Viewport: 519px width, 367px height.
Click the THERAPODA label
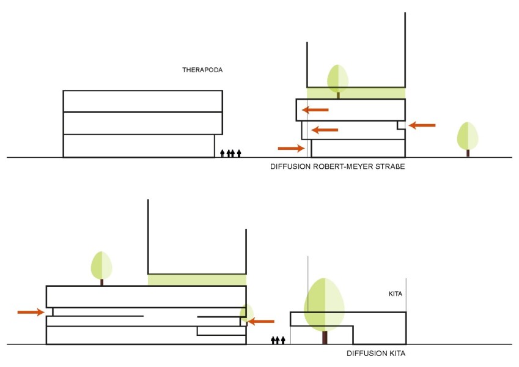202,70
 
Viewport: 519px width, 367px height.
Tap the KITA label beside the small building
396,294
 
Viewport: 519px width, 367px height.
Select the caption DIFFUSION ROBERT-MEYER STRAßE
337,166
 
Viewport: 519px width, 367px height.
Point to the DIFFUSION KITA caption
376,354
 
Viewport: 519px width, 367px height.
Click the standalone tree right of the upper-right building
468,139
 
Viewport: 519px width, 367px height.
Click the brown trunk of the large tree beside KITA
325,338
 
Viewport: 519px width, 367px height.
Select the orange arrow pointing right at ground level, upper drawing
291,148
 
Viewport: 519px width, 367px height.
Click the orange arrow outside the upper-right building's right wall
422,125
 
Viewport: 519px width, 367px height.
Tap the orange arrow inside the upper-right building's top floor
315,109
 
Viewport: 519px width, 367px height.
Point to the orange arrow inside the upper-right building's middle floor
325,130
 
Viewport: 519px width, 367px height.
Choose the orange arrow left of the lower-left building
31,312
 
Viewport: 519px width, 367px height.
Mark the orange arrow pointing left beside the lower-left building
261,321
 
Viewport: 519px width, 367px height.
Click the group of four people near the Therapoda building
230,153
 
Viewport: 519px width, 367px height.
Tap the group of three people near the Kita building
278,340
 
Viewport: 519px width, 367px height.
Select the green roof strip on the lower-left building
197,280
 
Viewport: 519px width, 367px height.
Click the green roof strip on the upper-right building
356,93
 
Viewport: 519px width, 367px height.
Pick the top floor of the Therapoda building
142,102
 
